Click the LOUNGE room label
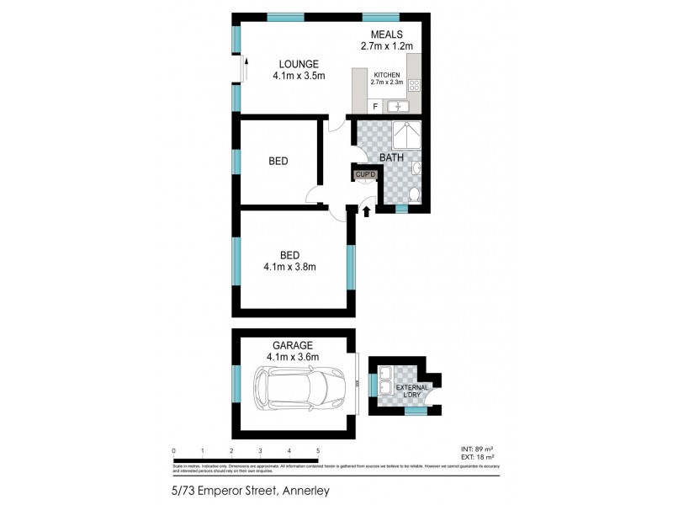[x=298, y=64]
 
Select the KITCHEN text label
[x=388, y=74]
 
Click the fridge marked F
[x=374, y=106]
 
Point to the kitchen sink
[x=396, y=106]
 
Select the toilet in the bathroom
[x=411, y=194]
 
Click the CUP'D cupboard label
[x=364, y=174]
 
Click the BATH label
[x=391, y=157]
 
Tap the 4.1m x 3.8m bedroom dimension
[x=294, y=270]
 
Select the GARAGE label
[x=292, y=345]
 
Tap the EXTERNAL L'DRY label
[x=412, y=391]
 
